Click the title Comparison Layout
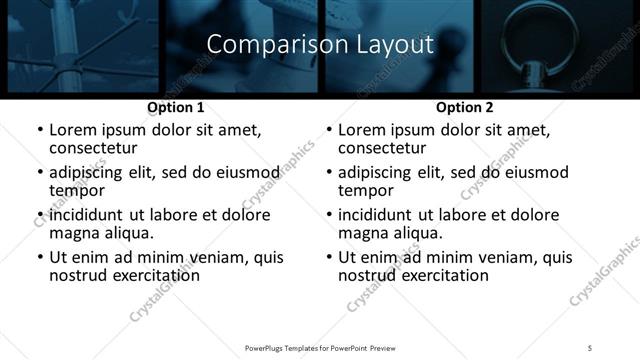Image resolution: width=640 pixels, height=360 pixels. pyautogui.click(x=320, y=45)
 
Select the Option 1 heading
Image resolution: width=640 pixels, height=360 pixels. pyautogui.click(x=176, y=106)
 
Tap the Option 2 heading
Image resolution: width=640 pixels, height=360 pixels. pyautogui.click(x=464, y=106)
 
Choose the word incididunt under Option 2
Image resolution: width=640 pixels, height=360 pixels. pyautogui.click(x=376, y=214)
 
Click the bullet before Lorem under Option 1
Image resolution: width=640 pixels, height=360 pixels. pyautogui.click(x=39, y=130)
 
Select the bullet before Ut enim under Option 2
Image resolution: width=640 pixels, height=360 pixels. pyautogui.click(x=328, y=257)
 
